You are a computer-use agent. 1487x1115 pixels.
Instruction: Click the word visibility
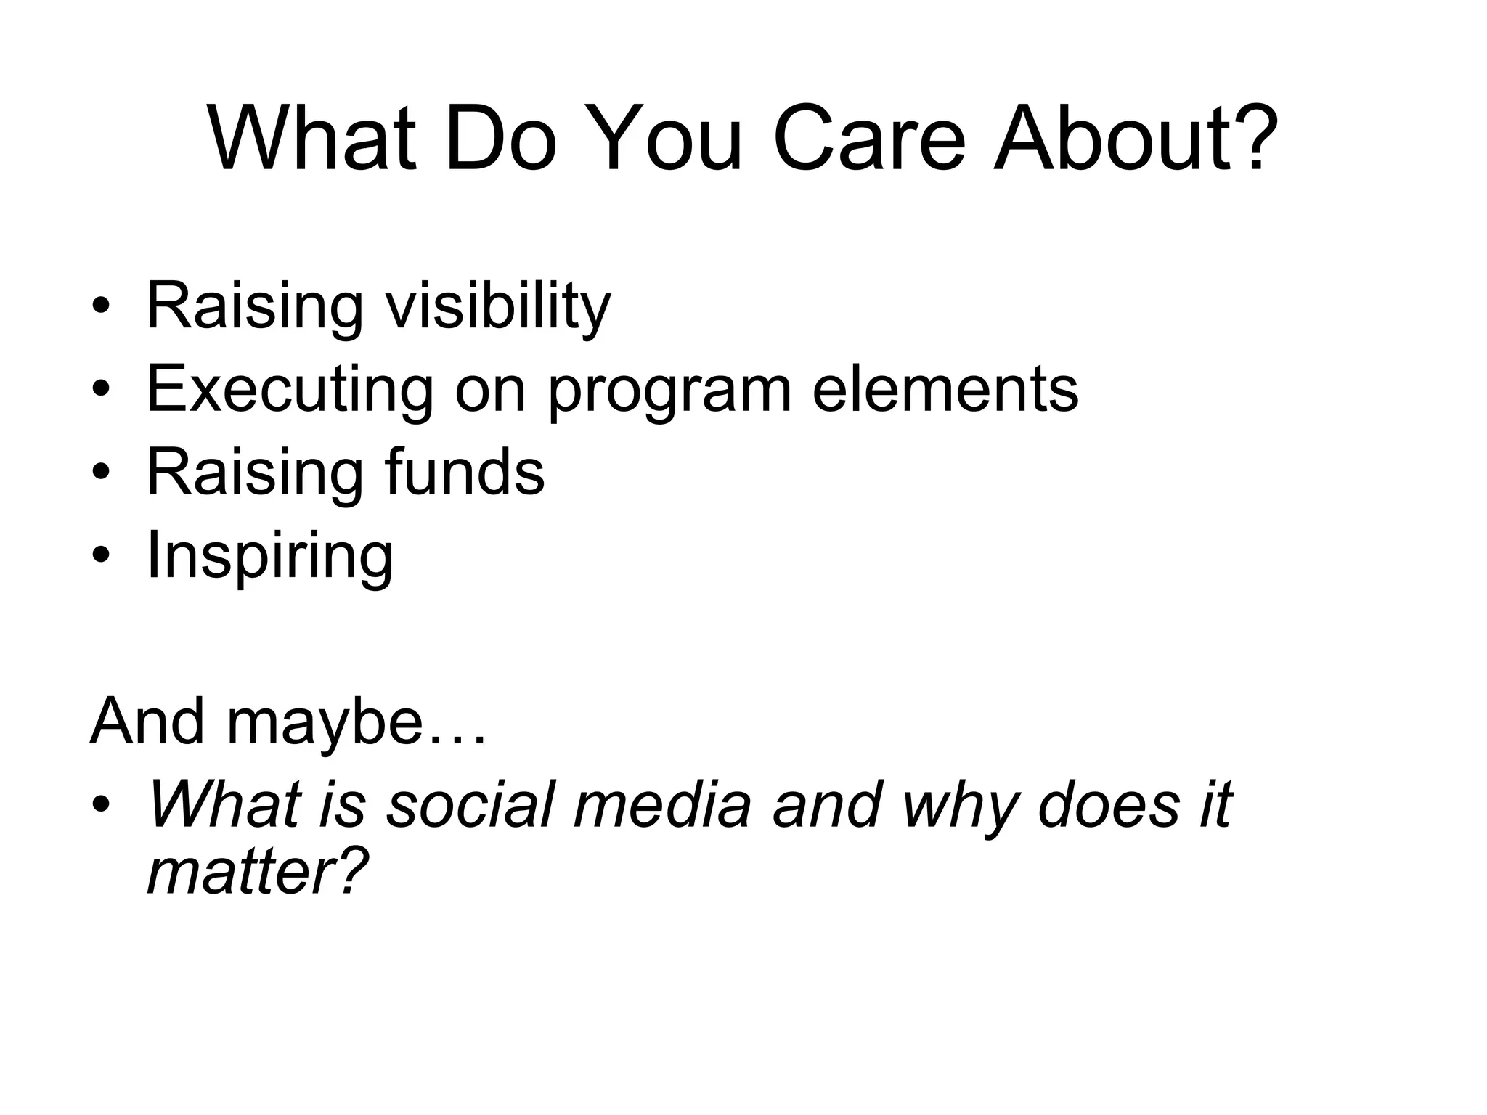[498, 306]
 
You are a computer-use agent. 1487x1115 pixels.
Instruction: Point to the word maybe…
[356, 723]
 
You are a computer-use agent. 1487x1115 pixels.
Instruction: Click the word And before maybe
[147, 722]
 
